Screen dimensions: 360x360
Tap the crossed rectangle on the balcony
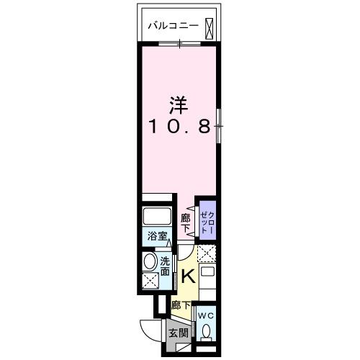(209, 27)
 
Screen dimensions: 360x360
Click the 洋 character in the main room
(179, 104)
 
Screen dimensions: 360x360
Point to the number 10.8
(179, 127)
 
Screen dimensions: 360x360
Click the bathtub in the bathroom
(157, 217)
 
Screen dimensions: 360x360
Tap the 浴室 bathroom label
(158, 236)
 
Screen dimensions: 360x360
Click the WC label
(205, 315)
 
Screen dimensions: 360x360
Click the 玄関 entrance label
(178, 332)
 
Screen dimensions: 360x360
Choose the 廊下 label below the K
(180, 305)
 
